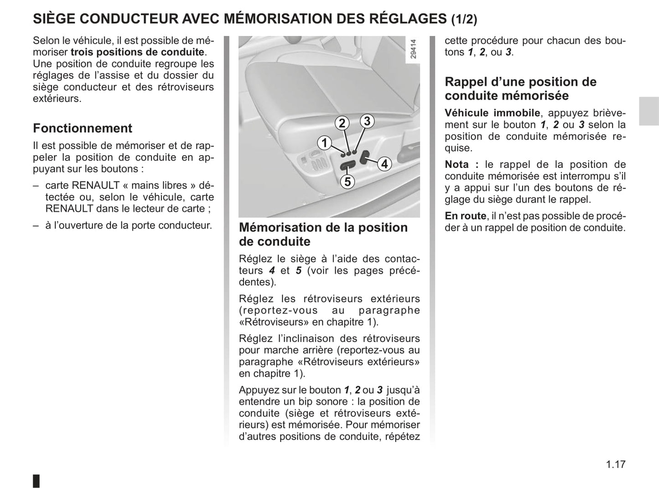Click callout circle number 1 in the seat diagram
[324, 143]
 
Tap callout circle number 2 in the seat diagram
[342, 123]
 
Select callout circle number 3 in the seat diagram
[367, 121]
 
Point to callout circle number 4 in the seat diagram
[384, 164]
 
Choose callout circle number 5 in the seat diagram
[348, 182]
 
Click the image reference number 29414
[413, 49]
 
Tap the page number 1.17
[616, 464]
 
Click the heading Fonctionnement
[83, 128]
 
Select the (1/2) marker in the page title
[464, 19]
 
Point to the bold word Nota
[457, 165]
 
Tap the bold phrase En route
[466, 216]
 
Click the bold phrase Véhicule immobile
[492, 113]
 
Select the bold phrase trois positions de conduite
[137, 52]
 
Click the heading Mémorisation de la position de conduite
[323, 234]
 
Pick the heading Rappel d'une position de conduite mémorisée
[520, 89]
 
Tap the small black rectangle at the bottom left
[36, 481]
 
